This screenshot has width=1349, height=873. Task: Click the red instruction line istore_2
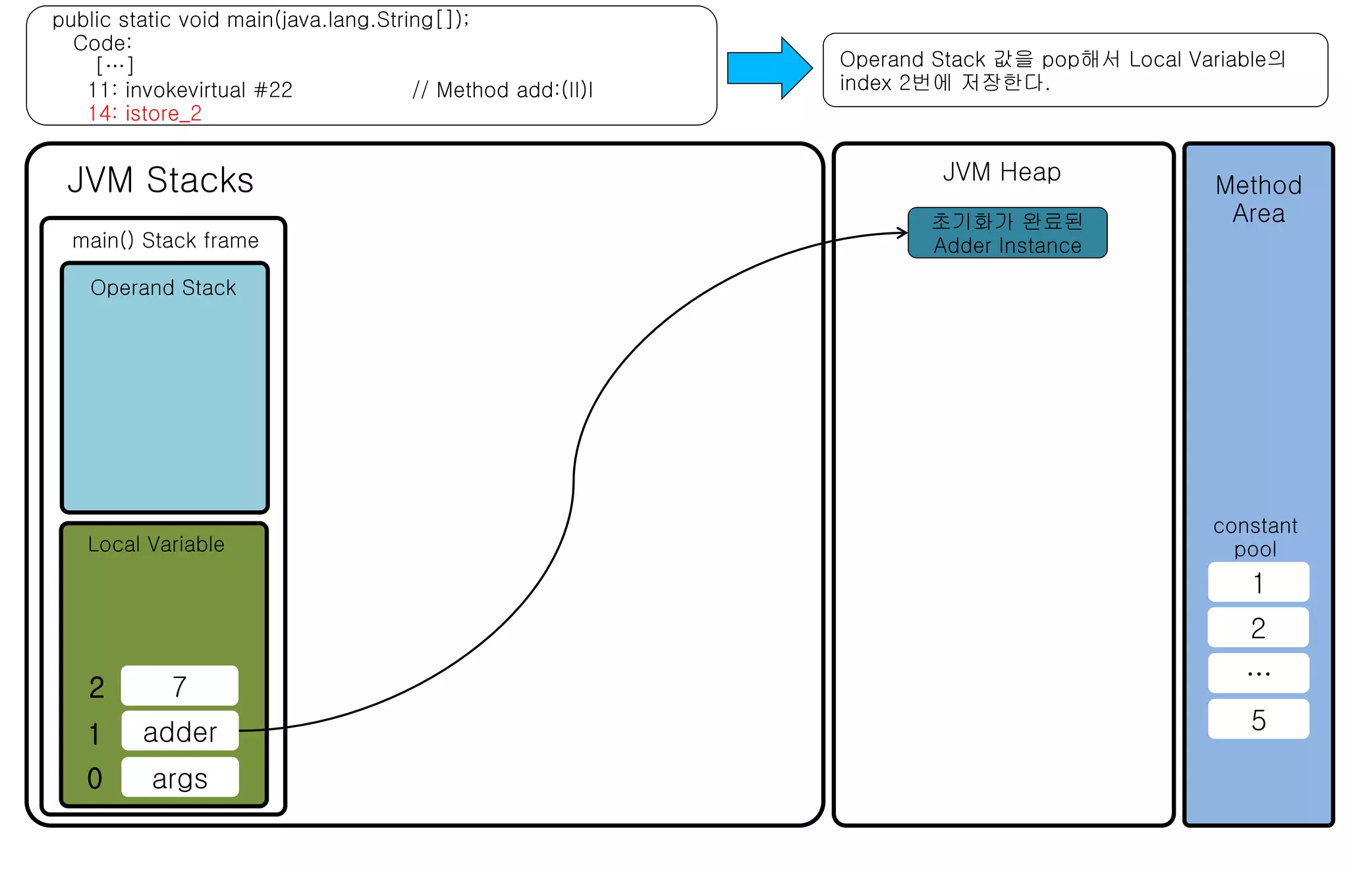(145, 113)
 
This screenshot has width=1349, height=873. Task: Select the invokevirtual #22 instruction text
(190, 90)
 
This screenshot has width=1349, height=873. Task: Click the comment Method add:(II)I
(503, 90)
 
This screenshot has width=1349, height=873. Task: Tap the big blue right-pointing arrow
(769, 68)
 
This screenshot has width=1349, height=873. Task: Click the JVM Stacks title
(160, 180)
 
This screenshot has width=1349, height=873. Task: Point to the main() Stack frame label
(165, 240)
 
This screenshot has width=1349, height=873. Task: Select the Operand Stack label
(163, 288)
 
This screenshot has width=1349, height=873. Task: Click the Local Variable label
(156, 544)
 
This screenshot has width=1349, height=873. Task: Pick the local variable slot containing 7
(179, 686)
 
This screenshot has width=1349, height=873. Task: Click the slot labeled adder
(179, 731)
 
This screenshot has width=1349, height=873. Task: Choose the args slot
(179, 778)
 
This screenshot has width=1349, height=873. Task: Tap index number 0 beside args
(95, 778)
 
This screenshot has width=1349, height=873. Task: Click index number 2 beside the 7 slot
(96, 687)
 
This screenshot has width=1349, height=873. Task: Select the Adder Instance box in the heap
(1007, 233)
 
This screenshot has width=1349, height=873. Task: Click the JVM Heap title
(1001, 172)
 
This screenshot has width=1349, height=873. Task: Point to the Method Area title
(1258, 199)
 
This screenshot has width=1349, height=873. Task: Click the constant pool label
(1255, 537)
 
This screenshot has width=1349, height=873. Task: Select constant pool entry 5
(1258, 720)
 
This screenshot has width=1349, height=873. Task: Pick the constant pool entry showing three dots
(1258, 674)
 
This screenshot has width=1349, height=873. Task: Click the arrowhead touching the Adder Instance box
(903, 232)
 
